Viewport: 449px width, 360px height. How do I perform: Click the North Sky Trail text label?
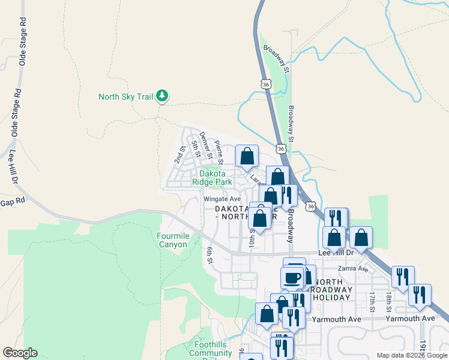tap(125, 97)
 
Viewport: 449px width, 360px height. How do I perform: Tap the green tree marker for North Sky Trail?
tap(161, 96)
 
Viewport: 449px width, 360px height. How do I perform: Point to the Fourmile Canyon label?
tap(173, 240)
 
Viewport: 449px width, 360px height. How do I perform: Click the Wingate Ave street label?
tap(221, 199)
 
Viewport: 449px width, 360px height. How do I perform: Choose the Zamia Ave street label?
tap(353, 269)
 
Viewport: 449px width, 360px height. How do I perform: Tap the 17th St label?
tap(372, 301)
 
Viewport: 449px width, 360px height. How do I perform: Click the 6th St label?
tap(210, 256)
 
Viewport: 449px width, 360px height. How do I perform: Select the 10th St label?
tap(252, 238)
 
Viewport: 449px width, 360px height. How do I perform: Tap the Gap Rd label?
tap(13, 203)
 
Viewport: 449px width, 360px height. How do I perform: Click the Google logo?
tap(20, 353)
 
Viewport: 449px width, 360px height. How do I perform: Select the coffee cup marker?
tap(292, 278)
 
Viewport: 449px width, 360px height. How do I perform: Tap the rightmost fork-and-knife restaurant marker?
tap(420, 295)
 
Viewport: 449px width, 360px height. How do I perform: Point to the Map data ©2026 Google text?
tap(411, 355)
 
